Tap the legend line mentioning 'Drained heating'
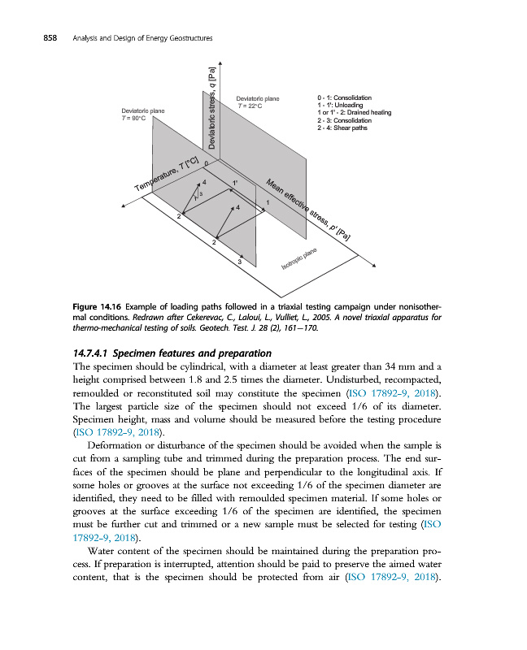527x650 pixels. point(355,112)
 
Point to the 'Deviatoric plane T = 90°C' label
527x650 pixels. point(144,115)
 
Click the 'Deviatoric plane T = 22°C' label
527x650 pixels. point(257,102)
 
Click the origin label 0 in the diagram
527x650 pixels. point(207,164)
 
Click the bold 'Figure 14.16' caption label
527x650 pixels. point(95,305)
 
